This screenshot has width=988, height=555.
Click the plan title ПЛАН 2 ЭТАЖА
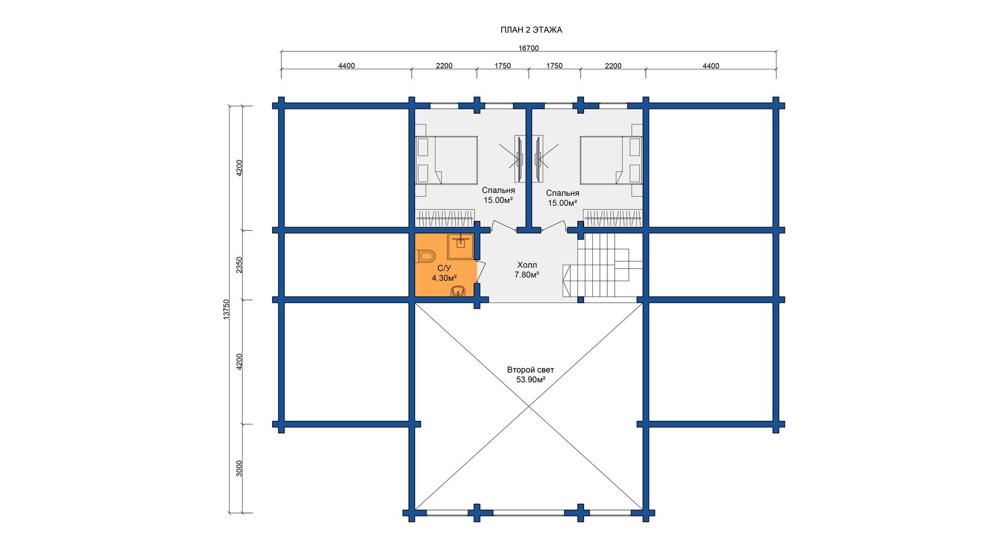531,30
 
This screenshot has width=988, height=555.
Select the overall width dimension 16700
528,48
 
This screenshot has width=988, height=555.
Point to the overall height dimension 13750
226,310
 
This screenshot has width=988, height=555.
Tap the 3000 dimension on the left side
239,469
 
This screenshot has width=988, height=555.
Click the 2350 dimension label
239,265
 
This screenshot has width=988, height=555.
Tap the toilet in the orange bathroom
427,255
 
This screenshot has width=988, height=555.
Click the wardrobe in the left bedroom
445,218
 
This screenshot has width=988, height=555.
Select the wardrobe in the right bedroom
613,218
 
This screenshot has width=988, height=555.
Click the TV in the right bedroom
538,159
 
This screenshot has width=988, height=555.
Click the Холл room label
527,265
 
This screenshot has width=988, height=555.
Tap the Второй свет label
531,370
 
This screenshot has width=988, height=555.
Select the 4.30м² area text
444,278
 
